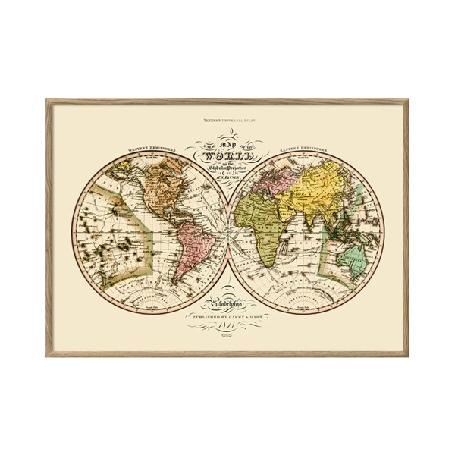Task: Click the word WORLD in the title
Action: [227, 158]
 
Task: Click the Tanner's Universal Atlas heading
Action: [227, 121]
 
